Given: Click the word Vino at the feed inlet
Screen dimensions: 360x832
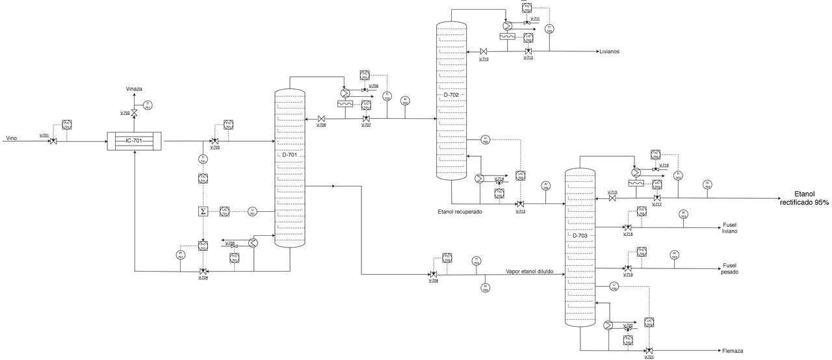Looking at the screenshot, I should tap(12, 138).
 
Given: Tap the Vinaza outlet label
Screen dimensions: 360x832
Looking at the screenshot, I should tap(134, 88).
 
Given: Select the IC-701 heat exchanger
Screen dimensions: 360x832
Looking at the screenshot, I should tap(133, 140).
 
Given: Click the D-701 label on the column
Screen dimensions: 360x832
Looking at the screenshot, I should tap(289, 155).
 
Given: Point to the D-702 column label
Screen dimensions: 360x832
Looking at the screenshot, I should tap(451, 95).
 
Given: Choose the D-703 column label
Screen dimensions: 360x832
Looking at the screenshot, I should tap(580, 236).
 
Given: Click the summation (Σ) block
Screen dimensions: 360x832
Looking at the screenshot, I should tap(203, 211).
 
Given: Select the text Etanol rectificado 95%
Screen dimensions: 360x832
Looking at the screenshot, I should tap(804, 198).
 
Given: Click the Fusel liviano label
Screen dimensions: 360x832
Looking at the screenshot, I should tap(730, 228).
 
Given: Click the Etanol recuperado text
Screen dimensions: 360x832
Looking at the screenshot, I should tap(460, 211).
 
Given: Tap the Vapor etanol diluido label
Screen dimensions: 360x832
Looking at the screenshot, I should tap(529, 272).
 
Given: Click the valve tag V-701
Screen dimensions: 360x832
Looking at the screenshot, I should tap(44, 135).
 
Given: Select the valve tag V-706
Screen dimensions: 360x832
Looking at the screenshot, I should tap(321, 125).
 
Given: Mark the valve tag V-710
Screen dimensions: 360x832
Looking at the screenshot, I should tap(484, 58).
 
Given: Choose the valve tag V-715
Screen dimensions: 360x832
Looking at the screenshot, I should tap(612, 192).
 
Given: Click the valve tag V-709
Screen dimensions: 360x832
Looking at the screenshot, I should tap(433, 281).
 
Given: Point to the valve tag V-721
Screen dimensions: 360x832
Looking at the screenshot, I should tap(649, 357).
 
